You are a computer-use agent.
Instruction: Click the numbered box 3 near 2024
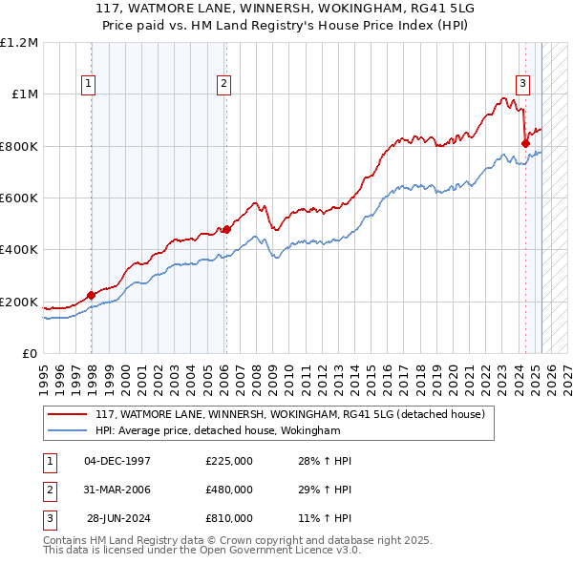point(522,83)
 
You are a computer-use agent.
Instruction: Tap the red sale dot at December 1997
point(92,296)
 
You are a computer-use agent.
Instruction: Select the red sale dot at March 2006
point(226,229)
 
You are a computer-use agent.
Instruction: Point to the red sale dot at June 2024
point(525,144)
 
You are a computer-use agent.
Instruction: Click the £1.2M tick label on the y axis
point(19,43)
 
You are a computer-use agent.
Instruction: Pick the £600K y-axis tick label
point(18,198)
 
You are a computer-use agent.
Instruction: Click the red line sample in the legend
point(67,414)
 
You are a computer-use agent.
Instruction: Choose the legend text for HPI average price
point(218,431)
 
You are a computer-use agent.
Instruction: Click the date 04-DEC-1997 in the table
point(117,461)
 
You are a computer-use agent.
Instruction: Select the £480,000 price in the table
point(229,490)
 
